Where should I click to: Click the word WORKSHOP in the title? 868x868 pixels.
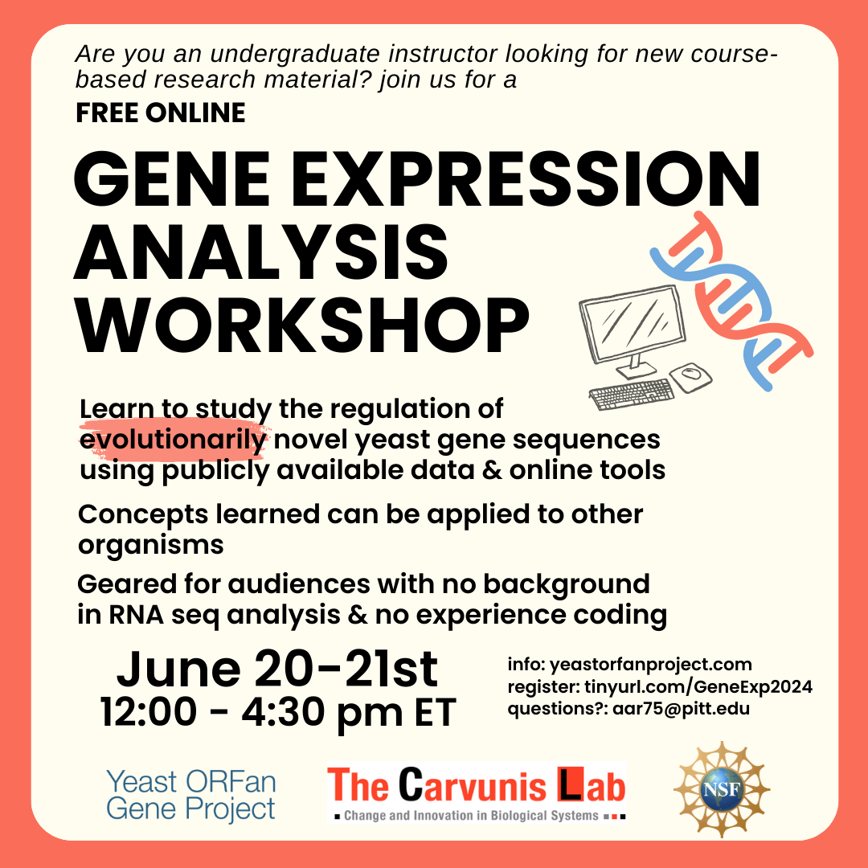pyautogui.click(x=301, y=325)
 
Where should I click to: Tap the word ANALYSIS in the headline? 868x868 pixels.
pyautogui.click(x=260, y=253)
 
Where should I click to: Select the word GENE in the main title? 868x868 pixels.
pyautogui.click(x=172, y=179)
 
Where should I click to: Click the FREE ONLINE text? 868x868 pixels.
pyautogui.click(x=161, y=113)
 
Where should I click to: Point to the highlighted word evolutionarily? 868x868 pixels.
pyautogui.click(x=173, y=440)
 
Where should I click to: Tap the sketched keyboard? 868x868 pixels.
pyautogui.click(x=632, y=394)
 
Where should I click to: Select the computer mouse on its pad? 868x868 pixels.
pyautogui.click(x=691, y=376)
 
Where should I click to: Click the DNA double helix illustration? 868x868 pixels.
pyautogui.click(x=731, y=301)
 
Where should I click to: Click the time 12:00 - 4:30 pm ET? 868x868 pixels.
pyautogui.click(x=278, y=711)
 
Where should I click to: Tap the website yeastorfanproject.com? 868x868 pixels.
pyautogui.click(x=650, y=665)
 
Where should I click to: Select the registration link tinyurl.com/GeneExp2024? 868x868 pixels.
pyautogui.click(x=698, y=686)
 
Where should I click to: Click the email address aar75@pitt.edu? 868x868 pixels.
pyautogui.click(x=681, y=709)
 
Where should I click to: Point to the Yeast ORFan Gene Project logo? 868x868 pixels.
pyautogui.click(x=191, y=796)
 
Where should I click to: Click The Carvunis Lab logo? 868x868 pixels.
pyautogui.click(x=477, y=792)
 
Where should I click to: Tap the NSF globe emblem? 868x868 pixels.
pyautogui.click(x=722, y=789)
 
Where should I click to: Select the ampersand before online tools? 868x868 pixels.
pyautogui.click(x=492, y=470)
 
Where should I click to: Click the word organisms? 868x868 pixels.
pyautogui.click(x=150, y=545)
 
